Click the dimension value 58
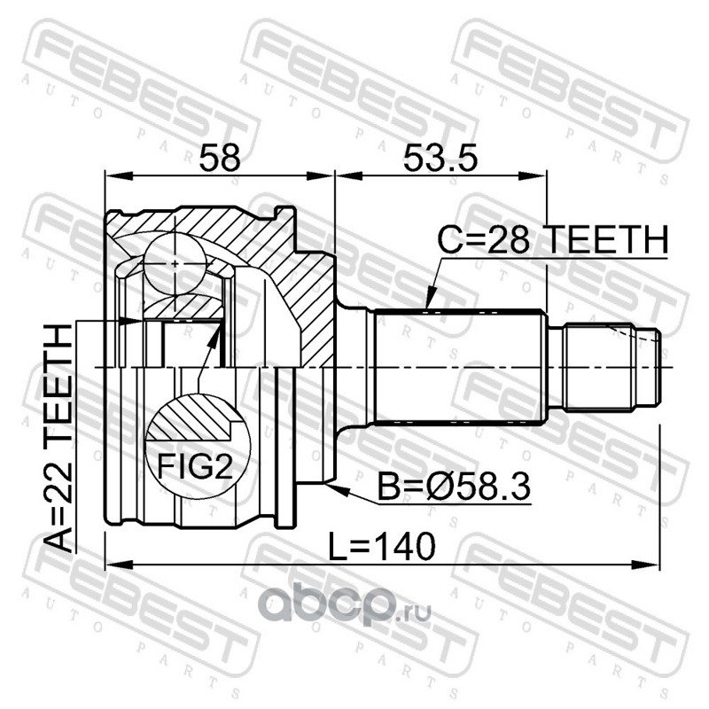(x=220, y=158)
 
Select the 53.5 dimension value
(x=440, y=158)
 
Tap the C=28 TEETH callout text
(x=552, y=239)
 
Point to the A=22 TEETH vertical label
(x=58, y=438)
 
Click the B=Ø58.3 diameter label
(x=454, y=487)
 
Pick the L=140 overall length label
(x=382, y=546)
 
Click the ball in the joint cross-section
(x=175, y=263)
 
